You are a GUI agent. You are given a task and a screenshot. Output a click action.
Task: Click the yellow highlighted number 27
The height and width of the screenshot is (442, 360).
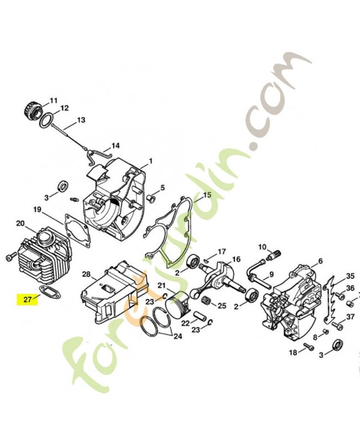(28, 299)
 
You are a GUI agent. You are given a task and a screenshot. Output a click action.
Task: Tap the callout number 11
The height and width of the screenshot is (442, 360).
(54, 100)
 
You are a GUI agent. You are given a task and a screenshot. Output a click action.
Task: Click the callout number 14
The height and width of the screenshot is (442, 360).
(115, 146)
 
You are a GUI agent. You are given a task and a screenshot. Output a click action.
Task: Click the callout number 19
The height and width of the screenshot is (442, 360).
(38, 209)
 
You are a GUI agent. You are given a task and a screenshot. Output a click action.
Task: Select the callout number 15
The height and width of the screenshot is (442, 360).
(207, 195)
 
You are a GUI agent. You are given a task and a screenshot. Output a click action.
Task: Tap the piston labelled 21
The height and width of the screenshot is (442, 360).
(180, 304)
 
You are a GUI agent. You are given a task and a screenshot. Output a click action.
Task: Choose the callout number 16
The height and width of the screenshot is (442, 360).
(236, 259)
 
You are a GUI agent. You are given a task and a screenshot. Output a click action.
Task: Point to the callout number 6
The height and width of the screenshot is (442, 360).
(320, 261)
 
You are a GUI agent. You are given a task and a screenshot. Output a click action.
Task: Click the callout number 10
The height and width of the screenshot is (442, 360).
(262, 246)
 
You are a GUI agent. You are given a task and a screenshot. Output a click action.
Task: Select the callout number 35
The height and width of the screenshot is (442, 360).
(350, 276)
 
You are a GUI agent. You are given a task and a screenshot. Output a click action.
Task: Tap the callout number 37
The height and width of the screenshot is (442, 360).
(350, 317)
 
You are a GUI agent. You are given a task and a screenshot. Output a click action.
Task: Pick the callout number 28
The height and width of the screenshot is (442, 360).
(86, 275)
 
